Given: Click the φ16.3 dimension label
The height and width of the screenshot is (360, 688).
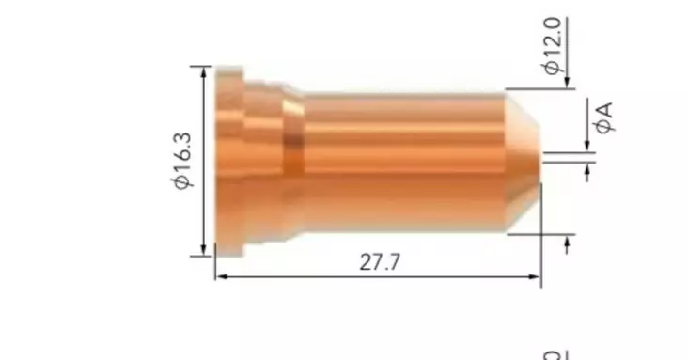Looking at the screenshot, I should tap(182, 161).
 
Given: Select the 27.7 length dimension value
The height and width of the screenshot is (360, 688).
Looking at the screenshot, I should tap(380, 262).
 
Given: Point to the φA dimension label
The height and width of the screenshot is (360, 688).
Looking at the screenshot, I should tap(602, 117).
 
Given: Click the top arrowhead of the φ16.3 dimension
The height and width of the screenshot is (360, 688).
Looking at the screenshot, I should tap(204, 70).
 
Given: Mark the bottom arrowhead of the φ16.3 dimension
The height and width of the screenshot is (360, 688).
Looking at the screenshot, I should tap(204, 250).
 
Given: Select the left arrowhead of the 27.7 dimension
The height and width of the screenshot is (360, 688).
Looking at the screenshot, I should tap(220, 276).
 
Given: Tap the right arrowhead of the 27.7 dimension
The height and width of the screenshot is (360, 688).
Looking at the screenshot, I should tap(537, 276).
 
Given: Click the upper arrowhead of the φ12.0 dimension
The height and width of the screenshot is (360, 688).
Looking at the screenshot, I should tap(568, 85).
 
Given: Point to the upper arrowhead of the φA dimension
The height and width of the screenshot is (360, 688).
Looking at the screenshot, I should tap(588, 146).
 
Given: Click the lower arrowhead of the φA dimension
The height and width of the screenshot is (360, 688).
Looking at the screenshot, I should tap(588, 168).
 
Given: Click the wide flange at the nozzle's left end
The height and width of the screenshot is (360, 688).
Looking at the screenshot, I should tap(229, 160).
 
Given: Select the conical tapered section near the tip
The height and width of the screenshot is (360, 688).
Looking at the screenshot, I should tap(522, 160).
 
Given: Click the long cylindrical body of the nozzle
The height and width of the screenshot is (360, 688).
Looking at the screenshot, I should tap(404, 160).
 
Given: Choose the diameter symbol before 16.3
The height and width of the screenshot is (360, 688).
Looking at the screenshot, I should tap(182, 181).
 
